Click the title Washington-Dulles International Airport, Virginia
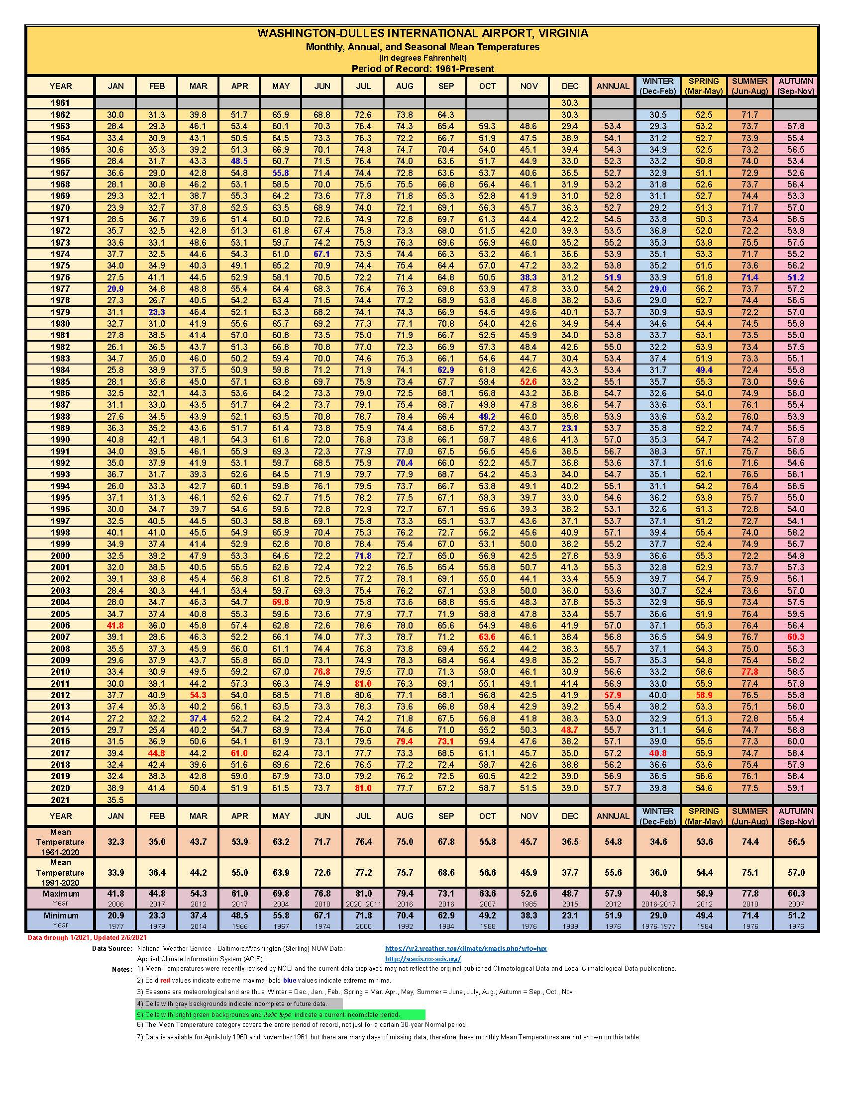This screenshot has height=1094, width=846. tap(423, 33)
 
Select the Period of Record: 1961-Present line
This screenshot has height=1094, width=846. tap(423, 69)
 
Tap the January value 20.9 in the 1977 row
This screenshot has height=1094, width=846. tap(115, 289)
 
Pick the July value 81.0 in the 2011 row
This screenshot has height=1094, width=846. tap(363, 683)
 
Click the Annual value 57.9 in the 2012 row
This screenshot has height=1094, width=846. tap(613, 695)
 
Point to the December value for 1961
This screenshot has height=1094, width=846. tap(570, 103)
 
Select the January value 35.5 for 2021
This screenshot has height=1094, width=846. tap(115, 800)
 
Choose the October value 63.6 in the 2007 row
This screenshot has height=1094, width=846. tap(487, 637)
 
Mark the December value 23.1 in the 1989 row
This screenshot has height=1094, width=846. tap(570, 428)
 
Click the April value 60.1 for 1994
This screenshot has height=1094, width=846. tap(239, 486)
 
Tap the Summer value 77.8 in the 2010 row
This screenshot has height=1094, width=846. tap(750, 672)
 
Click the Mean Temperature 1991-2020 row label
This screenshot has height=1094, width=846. tap(60, 872)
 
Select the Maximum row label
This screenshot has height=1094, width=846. tap(61, 894)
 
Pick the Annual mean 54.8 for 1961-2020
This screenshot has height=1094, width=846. tap(613, 841)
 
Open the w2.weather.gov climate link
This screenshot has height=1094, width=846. tap(466, 948)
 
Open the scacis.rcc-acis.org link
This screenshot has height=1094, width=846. tap(423, 959)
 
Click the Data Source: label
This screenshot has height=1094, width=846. tap(112, 948)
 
